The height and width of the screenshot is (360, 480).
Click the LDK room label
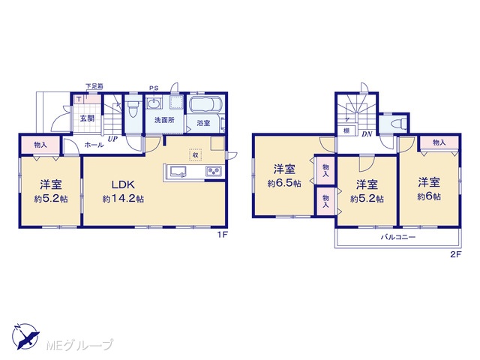123,184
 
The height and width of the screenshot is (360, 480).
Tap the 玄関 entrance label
87,118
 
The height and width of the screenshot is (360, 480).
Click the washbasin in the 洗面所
153,103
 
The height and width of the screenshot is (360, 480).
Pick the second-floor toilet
397,124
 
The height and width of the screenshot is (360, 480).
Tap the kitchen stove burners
214,171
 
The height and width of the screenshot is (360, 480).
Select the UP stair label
112,139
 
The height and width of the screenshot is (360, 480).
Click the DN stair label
367,134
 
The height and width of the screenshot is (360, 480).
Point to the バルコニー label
398,237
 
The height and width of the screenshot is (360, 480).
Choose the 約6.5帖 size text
284,183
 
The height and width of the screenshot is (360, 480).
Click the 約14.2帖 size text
123,199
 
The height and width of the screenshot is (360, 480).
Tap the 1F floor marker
222,235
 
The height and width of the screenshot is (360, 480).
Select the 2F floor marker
455,254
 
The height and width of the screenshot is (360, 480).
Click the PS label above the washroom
154,88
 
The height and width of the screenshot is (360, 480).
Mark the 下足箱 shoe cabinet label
94,86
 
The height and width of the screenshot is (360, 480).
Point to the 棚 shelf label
346,130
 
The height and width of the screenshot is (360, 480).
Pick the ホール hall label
94,145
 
